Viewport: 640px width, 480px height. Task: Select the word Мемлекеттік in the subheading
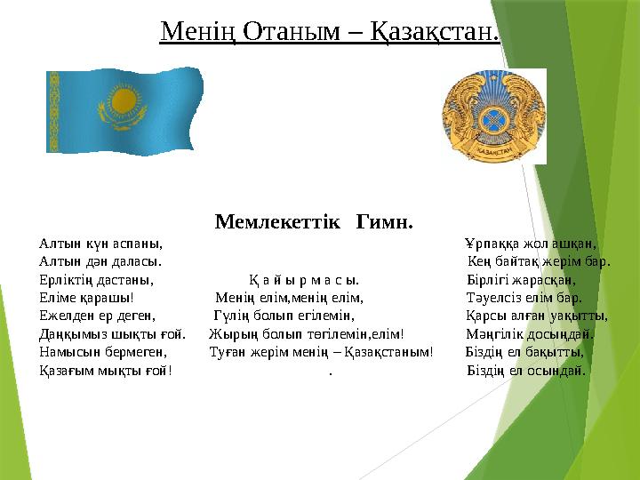tap(277, 220)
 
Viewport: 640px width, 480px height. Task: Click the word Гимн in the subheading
tap(384, 220)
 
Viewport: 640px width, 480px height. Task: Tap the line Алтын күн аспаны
tap(100, 244)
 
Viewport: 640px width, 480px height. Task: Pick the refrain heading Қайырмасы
tap(304, 280)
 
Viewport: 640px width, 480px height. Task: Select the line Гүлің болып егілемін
tap(284, 316)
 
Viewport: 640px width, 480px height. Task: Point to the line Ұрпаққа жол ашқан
tap(530, 244)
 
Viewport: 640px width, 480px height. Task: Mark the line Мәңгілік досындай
tap(530, 334)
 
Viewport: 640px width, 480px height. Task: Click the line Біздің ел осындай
tap(526, 370)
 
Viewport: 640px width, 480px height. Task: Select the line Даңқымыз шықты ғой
tap(112, 334)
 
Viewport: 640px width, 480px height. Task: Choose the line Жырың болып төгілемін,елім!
tap(307, 334)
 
